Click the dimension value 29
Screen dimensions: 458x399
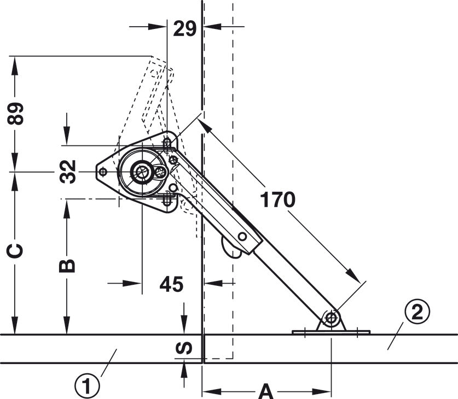(184, 29)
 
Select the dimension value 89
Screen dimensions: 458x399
(15, 114)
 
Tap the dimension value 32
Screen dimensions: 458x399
(68, 172)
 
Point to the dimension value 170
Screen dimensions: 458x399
(277, 200)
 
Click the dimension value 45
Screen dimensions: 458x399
(171, 284)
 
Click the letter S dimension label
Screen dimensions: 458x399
(184, 348)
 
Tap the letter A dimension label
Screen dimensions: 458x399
(266, 391)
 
